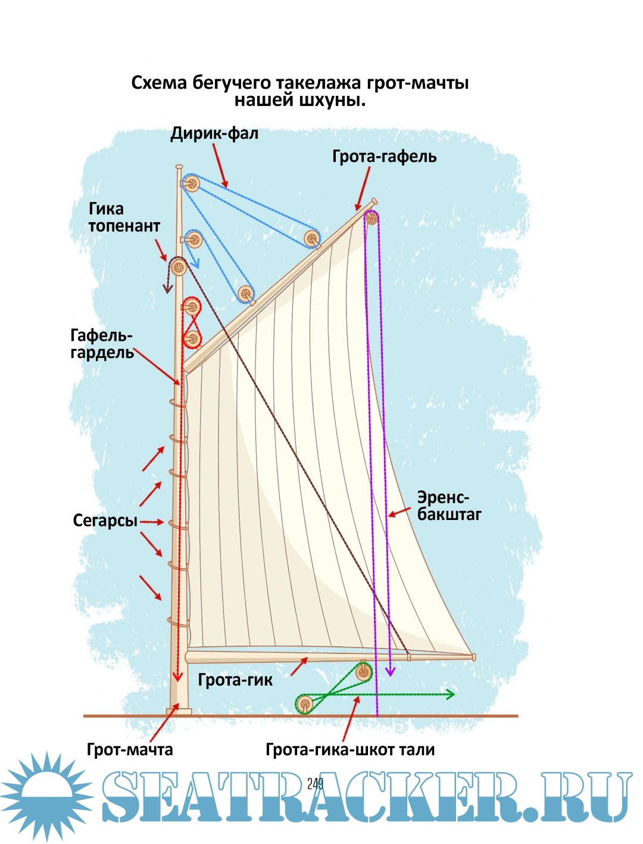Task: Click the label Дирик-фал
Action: tap(214, 133)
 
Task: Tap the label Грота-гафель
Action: tap(384, 157)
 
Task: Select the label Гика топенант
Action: tap(124, 217)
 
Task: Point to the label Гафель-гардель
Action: tap(102, 344)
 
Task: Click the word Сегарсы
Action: tap(105, 521)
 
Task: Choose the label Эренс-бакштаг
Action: tap(449, 506)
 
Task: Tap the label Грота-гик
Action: tap(235, 680)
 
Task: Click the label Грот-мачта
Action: tap(130, 749)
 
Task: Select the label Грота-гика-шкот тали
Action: tap(350, 749)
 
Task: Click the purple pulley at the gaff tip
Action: tap(372, 218)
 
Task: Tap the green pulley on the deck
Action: tap(305, 705)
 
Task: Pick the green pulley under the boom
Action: tap(363, 673)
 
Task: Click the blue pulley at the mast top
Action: tap(191, 183)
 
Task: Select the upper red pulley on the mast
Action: tap(192, 307)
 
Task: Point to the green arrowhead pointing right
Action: tap(451, 694)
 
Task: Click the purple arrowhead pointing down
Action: tap(390, 671)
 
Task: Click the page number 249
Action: tap(316, 783)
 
